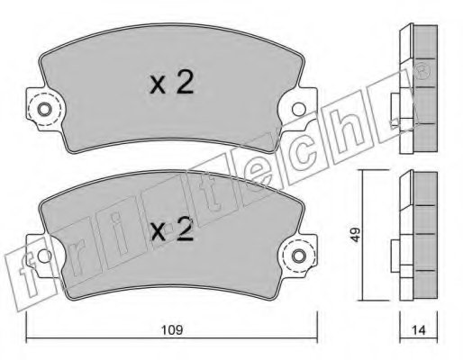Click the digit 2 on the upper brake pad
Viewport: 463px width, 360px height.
[x=184, y=84]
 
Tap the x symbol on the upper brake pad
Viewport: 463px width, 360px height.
[x=157, y=86]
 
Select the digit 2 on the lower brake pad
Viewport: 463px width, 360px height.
[x=184, y=232]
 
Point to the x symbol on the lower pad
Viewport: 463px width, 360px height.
[x=157, y=235]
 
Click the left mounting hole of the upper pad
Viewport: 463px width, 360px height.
[x=43, y=112]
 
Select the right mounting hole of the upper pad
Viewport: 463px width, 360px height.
[x=297, y=112]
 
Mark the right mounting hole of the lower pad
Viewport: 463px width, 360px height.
[x=297, y=257]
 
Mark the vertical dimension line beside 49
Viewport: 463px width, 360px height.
[x=363, y=236]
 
